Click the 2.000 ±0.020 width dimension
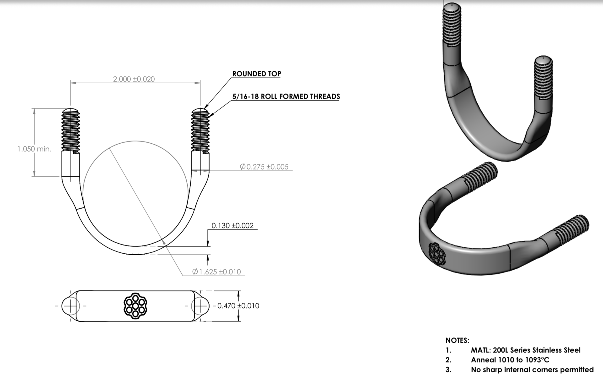pos(134,79)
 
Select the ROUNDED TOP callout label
pos(257,74)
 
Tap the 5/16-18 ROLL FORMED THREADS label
pos(286,96)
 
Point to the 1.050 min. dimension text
pos(35,149)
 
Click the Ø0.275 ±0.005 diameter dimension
pos(264,167)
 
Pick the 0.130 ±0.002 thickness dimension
pos(233,225)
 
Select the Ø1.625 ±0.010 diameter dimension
pos(217,272)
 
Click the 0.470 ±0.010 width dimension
pos(238,306)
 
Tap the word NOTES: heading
pos(457,340)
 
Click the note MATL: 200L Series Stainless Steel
pos(526,350)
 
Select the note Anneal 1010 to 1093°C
pos(510,360)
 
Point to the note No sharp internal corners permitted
pos(532,369)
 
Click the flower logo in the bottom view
pos(135,306)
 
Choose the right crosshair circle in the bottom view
pos(200,306)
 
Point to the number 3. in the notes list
pos(448,369)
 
